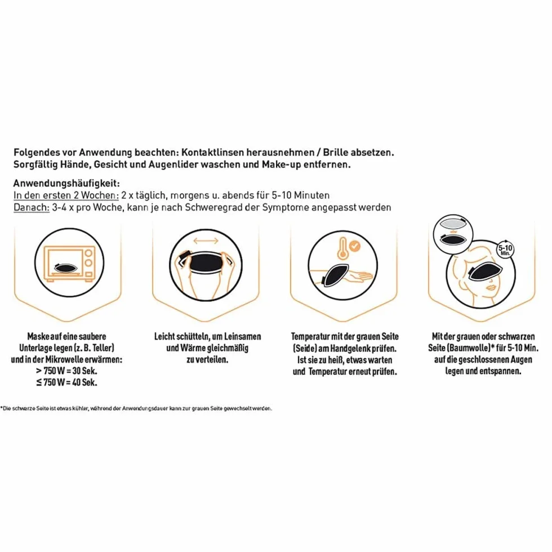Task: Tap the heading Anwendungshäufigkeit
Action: (66, 184)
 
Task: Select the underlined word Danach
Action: (32, 207)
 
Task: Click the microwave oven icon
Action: (69, 264)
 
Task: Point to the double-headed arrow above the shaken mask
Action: (206, 241)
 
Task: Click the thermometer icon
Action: (342, 248)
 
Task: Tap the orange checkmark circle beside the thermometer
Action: (355, 246)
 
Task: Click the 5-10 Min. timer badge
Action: (505, 250)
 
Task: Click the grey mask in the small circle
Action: (453, 224)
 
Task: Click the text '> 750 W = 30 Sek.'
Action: (66, 371)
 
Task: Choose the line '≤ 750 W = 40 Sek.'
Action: (66, 382)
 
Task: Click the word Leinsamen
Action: (243, 337)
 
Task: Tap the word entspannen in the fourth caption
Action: (500, 371)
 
